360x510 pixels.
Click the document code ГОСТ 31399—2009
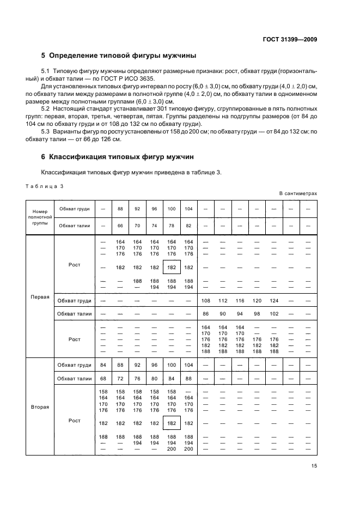[x=291, y=39]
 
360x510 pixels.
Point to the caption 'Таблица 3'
[x=45, y=186]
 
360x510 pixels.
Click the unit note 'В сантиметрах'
[x=298, y=193]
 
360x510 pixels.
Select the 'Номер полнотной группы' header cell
[x=40, y=216]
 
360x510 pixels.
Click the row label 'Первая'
[x=40, y=297]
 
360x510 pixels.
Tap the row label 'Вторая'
[x=40, y=406]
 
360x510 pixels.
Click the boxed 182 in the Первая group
[x=172, y=267]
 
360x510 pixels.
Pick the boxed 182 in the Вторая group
[x=172, y=423]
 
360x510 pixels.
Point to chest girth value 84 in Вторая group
[x=103, y=365]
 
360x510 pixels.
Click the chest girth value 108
[x=206, y=300]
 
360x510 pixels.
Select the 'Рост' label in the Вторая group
[x=74, y=420]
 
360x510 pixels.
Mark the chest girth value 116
[x=240, y=300]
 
